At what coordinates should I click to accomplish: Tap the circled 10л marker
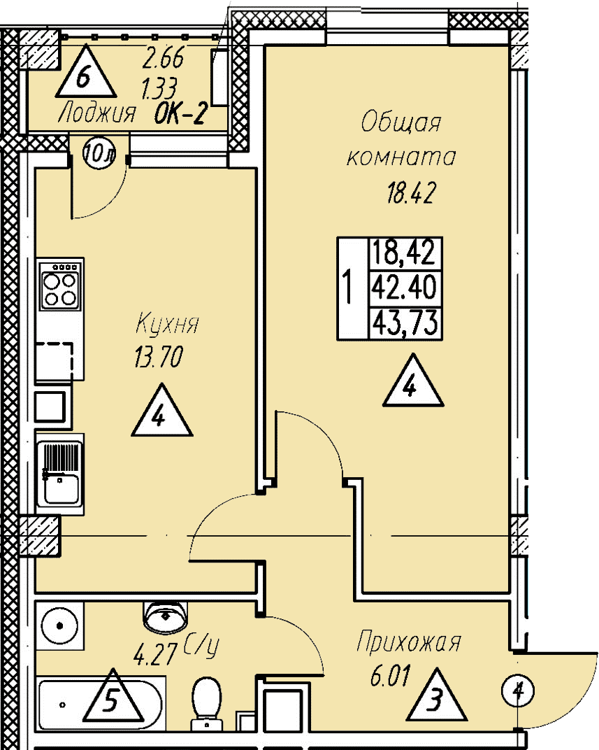(99, 153)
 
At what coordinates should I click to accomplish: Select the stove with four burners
(60, 285)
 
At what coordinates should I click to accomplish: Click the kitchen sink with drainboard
(60, 474)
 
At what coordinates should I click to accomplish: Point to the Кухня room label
(167, 323)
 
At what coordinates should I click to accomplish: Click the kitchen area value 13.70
(159, 358)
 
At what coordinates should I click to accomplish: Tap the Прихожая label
(409, 642)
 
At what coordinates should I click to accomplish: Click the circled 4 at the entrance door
(518, 691)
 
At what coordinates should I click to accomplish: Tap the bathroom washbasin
(165, 616)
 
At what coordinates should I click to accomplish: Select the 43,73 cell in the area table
(405, 323)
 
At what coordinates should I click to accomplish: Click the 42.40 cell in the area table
(405, 288)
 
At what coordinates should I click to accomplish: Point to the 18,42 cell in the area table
(405, 253)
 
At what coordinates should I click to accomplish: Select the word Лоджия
(97, 114)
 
